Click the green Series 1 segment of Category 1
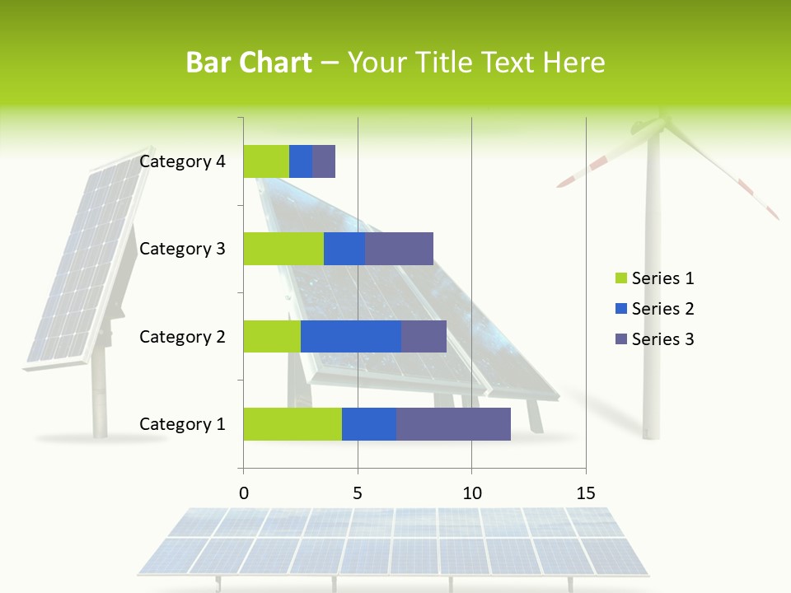click(293, 423)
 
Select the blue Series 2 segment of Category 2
click(351, 336)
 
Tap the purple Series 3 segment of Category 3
click(399, 249)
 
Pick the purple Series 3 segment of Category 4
click(324, 161)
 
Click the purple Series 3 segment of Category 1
click(453, 423)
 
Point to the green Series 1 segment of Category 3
click(283, 249)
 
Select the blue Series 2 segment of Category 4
click(301, 161)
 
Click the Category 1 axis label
click(182, 424)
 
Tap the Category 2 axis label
click(182, 337)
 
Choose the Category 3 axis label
click(182, 249)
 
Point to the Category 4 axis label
click(182, 161)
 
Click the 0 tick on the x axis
click(244, 493)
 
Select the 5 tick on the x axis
click(358, 493)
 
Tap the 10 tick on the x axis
click(471, 493)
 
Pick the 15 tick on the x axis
click(586, 493)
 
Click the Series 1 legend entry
click(655, 278)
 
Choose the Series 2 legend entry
click(655, 309)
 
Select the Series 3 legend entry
click(655, 339)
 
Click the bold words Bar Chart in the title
click(248, 63)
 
